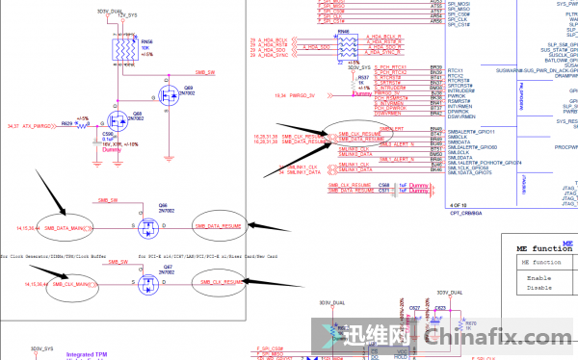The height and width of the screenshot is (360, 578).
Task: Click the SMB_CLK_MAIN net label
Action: tap(70, 285)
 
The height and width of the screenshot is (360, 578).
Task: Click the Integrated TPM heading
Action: tap(87, 354)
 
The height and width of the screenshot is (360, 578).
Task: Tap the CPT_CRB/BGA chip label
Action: tap(469, 213)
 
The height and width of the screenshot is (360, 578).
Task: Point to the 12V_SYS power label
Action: tap(127, 16)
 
